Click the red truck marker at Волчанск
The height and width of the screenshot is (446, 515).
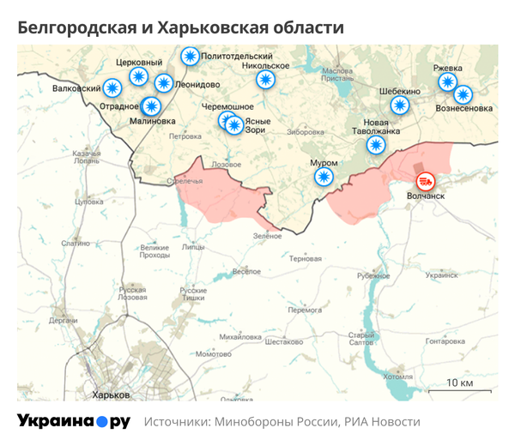425,181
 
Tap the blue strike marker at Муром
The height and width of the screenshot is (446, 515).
324,177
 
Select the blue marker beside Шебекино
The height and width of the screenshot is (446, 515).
400,105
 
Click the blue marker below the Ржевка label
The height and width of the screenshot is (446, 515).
447,81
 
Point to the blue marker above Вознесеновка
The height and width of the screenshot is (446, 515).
463,94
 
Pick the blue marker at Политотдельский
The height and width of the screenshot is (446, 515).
190,57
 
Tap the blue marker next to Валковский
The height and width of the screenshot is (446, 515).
112,87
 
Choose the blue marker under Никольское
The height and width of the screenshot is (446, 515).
265,80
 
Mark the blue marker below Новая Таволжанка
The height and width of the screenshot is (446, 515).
375,145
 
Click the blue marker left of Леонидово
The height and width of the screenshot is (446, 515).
163,83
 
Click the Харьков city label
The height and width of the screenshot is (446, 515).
111,395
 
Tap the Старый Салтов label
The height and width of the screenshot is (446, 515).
360,340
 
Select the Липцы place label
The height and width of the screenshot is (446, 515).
193,247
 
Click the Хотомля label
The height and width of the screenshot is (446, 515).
397,376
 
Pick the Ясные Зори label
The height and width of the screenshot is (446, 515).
257,126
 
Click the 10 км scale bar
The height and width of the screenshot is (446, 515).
461,388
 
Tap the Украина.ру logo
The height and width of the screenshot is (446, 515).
74,421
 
